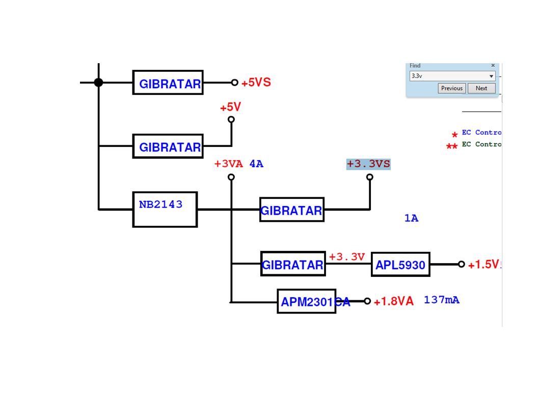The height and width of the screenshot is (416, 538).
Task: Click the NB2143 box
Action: tap(165, 209)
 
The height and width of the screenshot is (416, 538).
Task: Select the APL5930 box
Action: tap(400, 265)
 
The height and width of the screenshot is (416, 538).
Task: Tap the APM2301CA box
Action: tap(306, 301)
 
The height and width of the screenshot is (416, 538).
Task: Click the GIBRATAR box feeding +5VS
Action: tap(168, 83)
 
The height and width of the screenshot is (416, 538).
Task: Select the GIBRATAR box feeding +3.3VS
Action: tap(292, 210)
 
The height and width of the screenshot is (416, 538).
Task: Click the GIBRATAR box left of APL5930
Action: tap(293, 264)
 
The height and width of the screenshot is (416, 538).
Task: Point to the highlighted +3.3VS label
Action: tap(368, 164)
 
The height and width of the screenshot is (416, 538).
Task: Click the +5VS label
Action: tap(256, 83)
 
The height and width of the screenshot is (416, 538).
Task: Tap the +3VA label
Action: tap(229, 164)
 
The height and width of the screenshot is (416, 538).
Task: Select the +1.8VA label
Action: tap(394, 301)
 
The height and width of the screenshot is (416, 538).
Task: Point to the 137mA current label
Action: tap(441, 300)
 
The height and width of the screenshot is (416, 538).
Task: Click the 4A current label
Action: tap(256, 164)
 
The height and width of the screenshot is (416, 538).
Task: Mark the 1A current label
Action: tap(411, 218)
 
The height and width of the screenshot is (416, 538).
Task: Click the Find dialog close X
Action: tap(493, 66)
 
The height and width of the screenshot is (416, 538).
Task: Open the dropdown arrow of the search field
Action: tap(491, 76)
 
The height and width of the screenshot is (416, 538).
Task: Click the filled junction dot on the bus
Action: tap(99, 83)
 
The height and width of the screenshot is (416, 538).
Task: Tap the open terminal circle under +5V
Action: tap(231, 120)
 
